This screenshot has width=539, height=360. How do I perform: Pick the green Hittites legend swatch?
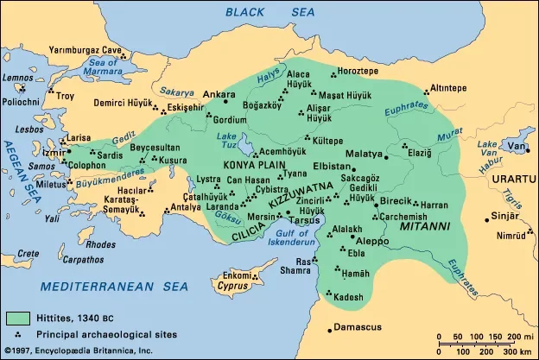pyautogui.click(x=17, y=319)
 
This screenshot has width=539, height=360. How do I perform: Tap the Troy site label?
pyautogui.click(x=66, y=96)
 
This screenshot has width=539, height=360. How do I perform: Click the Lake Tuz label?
pyautogui.click(x=228, y=141)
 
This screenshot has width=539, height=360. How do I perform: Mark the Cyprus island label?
pyautogui.click(x=229, y=285)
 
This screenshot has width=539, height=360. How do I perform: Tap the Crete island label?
pyautogui.click(x=29, y=254)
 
